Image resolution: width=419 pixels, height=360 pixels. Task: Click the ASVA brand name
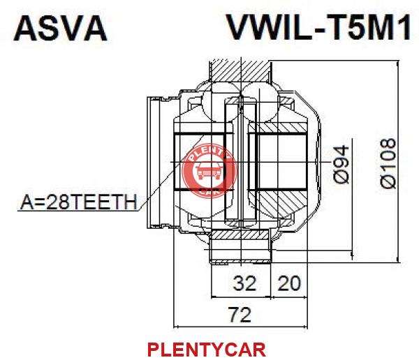60,29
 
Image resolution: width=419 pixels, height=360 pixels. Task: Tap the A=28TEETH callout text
78,202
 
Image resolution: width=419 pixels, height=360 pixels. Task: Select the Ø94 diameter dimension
341,165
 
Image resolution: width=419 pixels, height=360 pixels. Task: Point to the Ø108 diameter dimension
388,163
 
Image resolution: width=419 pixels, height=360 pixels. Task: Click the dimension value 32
244,283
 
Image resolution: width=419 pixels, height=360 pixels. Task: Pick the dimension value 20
289,283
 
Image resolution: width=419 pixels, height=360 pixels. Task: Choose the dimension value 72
240,315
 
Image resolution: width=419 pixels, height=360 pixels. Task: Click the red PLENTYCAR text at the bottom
207,350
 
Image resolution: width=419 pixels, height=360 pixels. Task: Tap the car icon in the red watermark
209,171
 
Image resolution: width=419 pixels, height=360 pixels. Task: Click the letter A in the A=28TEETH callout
26,202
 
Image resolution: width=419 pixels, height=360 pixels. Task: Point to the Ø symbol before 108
388,181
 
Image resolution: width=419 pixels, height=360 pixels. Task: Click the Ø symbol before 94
341,177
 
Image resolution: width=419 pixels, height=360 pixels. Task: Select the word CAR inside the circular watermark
209,191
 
